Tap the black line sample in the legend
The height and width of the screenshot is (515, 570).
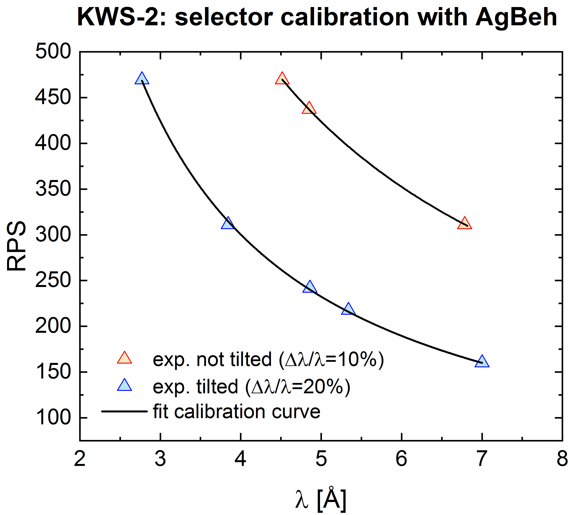pos(124,411)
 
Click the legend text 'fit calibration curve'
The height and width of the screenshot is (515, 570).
pos(236,412)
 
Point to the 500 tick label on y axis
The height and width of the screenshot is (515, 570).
pos(53,52)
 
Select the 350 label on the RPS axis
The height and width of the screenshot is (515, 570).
pos(53,189)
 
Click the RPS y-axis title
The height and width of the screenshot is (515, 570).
pos(16,246)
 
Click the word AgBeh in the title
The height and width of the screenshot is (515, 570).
pos(516,18)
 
